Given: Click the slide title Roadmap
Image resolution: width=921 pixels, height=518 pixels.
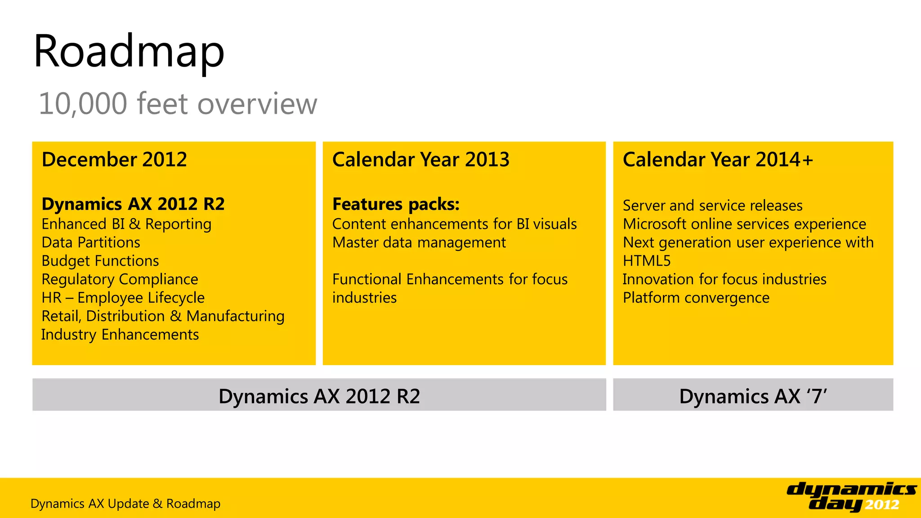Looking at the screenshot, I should [x=129, y=52].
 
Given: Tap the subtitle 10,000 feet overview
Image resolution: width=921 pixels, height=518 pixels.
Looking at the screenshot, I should [x=178, y=104].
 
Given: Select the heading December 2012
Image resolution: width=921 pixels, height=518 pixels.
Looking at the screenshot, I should [x=114, y=160].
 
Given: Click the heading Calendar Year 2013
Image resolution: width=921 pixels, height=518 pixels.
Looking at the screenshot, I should [x=420, y=160].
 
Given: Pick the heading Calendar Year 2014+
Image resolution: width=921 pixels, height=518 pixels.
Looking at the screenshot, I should [x=718, y=160].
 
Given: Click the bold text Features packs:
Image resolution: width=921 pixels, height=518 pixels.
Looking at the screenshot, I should [x=396, y=204].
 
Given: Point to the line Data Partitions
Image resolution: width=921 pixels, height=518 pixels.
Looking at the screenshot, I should [x=91, y=242].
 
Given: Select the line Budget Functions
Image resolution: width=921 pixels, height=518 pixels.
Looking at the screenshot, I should [x=100, y=261].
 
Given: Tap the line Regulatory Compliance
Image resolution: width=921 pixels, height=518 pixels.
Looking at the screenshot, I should [x=120, y=279].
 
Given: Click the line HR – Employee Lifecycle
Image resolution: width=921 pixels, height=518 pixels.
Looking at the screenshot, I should [x=123, y=298].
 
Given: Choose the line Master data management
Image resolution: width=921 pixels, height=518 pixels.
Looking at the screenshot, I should [x=419, y=242].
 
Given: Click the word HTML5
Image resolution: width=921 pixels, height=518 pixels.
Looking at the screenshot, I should [x=646, y=261].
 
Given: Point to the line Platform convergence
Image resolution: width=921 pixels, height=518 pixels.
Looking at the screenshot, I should [x=696, y=298].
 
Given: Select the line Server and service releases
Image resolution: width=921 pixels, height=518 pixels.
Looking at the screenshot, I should [x=712, y=205].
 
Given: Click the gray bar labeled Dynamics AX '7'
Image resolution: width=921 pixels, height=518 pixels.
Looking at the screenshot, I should [x=753, y=395].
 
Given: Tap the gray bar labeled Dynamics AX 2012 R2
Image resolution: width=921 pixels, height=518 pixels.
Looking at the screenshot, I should [x=319, y=395].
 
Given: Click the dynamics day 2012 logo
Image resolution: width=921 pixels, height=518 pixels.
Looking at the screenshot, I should [x=851, y=496].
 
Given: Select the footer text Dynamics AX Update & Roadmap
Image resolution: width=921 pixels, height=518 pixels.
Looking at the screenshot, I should [x=125, y=504].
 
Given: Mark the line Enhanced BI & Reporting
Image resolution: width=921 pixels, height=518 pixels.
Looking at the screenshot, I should [x=126, y=224].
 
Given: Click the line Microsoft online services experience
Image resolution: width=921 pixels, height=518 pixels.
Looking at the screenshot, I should [x=744, y=224].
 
